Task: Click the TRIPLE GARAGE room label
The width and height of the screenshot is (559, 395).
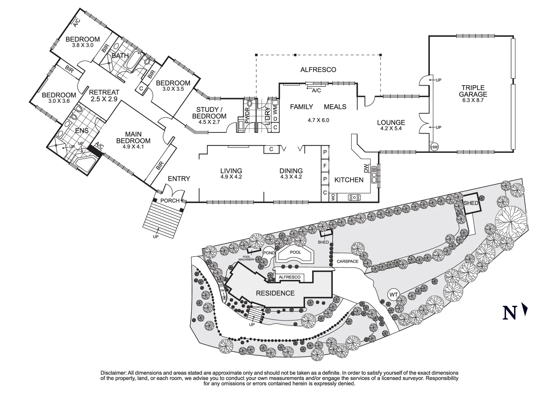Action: [473, 91]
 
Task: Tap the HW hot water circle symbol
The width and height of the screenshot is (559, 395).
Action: [435, 147]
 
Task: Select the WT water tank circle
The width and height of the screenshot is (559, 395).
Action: [394, 295]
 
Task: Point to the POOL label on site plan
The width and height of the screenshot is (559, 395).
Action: [296, 252]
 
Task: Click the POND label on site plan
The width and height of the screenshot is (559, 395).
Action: [269, 253]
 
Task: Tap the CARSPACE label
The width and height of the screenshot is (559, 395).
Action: [348, 261]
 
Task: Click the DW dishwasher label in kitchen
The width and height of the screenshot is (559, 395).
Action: [366, 168]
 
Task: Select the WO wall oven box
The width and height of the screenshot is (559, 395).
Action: [333, 197]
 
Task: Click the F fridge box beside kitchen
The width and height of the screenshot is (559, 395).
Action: [325, 165]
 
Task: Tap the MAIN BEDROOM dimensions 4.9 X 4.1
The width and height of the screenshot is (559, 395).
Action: [133, 147]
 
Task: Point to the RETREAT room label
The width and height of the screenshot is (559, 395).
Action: [104, 92]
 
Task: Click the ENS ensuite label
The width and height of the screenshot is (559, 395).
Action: [82, 131]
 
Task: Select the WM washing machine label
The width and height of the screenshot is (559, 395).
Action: [275, 108]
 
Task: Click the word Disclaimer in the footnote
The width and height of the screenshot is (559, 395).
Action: [113, 373]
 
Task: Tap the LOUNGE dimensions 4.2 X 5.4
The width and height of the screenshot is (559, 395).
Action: [391, 128]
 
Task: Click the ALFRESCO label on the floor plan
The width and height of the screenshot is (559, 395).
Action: [318, 69]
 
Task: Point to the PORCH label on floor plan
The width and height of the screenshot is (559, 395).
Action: [170, 201]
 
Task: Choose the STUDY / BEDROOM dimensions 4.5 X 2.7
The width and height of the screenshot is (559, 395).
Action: [209, 122]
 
